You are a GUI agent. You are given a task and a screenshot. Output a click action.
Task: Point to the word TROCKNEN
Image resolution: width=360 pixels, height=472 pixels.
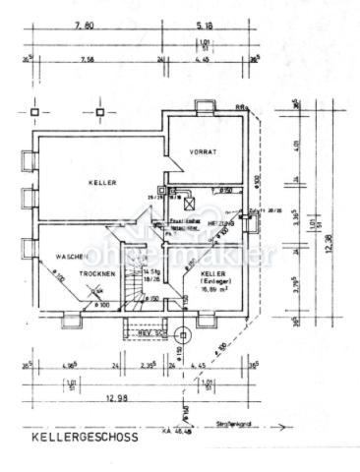(98, 272)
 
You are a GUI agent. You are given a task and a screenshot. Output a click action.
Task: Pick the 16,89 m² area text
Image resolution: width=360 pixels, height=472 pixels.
(215, 290)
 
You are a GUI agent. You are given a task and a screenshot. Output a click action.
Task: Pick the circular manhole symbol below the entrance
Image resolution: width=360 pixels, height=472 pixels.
(183, 332)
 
